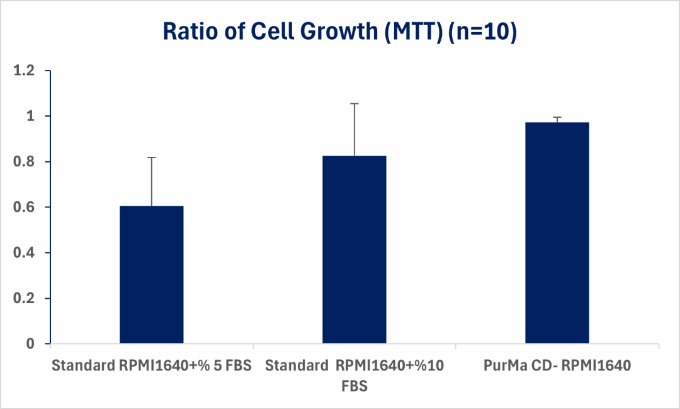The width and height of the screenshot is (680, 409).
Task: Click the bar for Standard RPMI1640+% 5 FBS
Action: pos(151,275)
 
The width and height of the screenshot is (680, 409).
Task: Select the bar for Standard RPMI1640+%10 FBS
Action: pos(354,250)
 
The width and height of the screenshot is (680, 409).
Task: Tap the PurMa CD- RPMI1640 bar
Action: pos(557,233)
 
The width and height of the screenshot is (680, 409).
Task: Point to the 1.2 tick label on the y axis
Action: pos(26,71)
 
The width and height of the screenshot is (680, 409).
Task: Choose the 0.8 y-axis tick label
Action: pos(26,162)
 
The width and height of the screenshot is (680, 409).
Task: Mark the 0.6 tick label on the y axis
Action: pos(26,207)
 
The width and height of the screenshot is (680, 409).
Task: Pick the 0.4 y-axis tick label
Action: pos(26,253)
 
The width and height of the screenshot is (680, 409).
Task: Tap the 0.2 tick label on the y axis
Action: pos(26,298)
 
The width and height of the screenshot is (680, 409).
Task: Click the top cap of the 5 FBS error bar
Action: pos(151,158)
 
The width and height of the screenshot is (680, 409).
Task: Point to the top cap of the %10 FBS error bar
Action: pos(354,103)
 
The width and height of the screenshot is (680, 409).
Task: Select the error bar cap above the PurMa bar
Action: pos(557,117)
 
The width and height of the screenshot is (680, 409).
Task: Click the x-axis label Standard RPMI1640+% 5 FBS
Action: pos(151,365)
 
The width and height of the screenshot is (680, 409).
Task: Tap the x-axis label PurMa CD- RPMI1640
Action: pos(557,365)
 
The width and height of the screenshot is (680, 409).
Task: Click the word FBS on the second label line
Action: pos(354,386)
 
